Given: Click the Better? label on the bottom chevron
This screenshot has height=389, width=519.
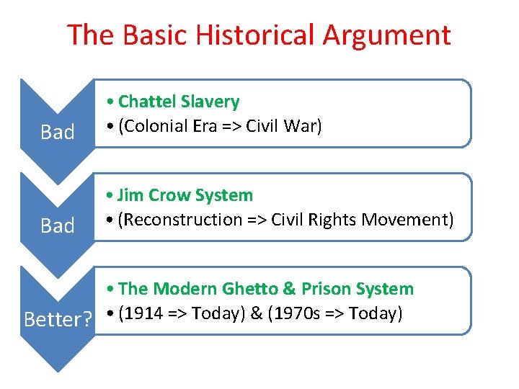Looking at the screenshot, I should coord(58,318).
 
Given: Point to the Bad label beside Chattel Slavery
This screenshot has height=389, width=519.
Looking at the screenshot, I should coord(58,133).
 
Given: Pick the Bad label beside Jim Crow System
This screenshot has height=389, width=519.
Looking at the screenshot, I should coord(58,226).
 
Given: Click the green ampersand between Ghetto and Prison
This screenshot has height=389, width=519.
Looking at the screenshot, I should coord(289,289).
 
